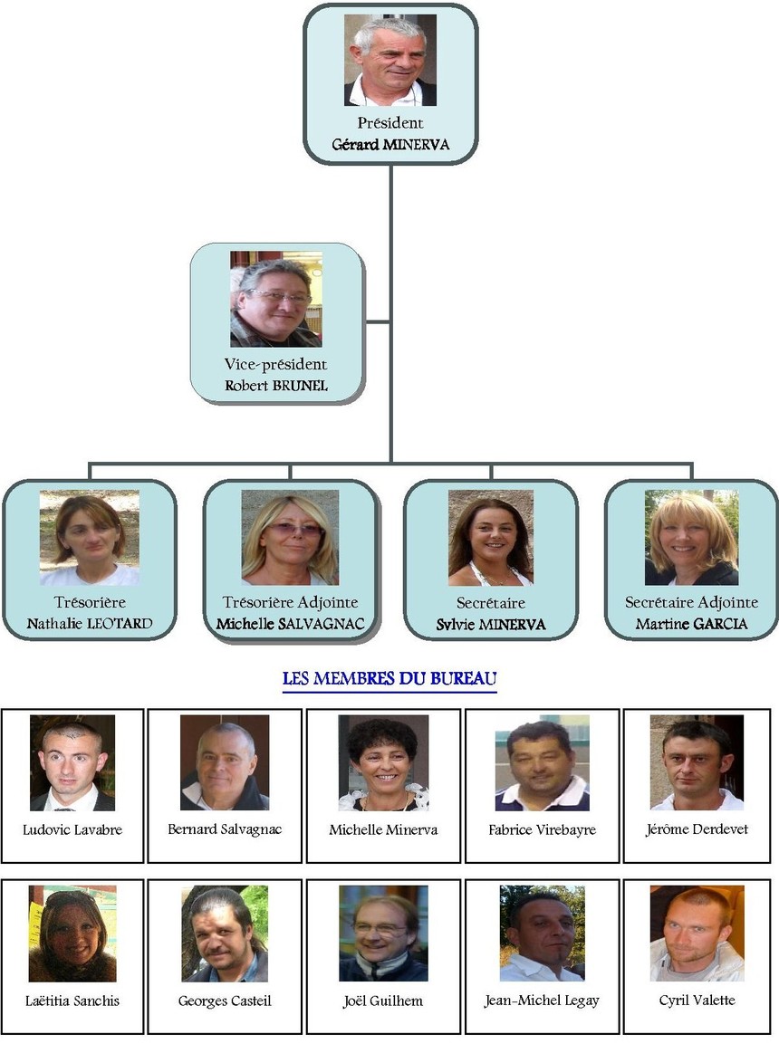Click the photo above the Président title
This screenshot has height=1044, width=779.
tap(389, 61)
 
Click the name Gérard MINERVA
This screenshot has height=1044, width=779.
tap(390, 145)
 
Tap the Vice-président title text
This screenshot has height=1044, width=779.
tap(275, 364)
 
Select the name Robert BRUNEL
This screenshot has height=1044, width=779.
tap(275, 385)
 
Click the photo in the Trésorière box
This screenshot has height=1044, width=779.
tap(89, 538)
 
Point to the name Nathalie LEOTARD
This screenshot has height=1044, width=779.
tap(89, 624)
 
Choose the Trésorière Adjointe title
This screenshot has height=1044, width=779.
tap(290, 602)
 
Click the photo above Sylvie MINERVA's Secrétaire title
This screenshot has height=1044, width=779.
tap(490, 538)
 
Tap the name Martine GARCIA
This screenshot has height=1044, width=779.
tap(691, 624)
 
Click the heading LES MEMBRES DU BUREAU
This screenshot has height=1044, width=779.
tap(389, 678)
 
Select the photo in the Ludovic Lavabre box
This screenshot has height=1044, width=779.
tap(72, 762)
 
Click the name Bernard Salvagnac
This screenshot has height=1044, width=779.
tap(225, 829)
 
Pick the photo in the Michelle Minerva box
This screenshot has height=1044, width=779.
tap(383, 762)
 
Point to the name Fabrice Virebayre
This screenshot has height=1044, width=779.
tap(542, 829)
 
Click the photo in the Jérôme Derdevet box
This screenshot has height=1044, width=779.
tap(697, 762)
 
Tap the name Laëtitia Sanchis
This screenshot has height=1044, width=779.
tap(72, 1001)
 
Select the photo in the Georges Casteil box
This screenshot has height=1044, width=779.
tap(225, 934)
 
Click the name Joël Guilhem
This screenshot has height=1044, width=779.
tap(383, 1001)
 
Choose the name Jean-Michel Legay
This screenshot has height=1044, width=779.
tap(542, 1001)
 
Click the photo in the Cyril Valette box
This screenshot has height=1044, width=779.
tap(697, 934)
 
